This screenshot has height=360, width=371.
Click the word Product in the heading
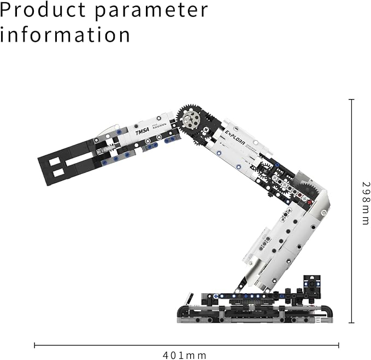pyautogui.click(x=43, y=10)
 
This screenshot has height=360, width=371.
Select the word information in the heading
pyautogui.click(x=65, y=34)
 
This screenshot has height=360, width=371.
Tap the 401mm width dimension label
pyautogui.click(x=185, y=355)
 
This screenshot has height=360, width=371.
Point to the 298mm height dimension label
pyautogui.click(x=366, y=203)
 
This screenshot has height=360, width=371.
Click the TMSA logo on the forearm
pyautogui.click(x=143, y=131)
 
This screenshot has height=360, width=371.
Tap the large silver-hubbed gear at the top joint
pyautogui.click(x=191, y=118)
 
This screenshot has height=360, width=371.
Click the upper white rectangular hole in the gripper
pyautogui.click(x=55, y=162)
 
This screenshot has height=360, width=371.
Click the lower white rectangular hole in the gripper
pyautogui.click(x=58, y=173)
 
